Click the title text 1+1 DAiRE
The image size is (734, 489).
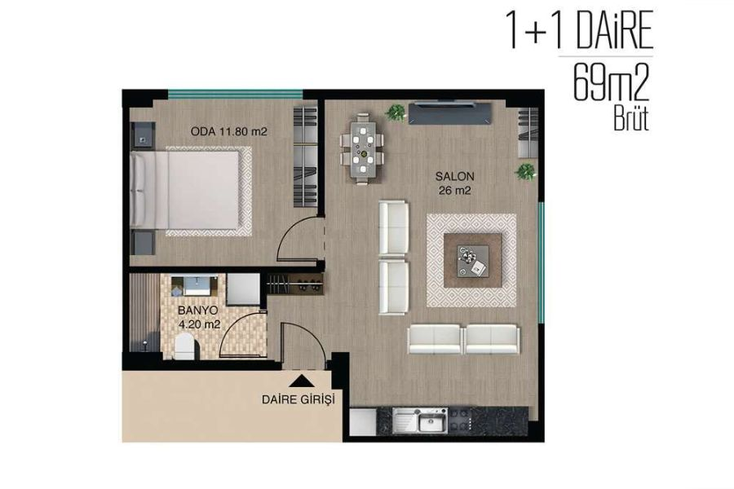pos(581,31)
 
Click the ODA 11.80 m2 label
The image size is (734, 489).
pos(229,130)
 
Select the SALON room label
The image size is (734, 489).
pos(454,176)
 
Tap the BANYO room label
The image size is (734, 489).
pos(199,311)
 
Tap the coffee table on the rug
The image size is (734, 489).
pos(472,261)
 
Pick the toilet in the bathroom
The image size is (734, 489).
pos(184,348)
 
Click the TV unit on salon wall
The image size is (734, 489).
pos(450,112)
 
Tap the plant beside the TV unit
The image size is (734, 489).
pos(397,112)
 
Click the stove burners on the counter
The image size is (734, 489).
pos(463,422)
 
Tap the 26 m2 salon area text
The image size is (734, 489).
pos(454,192)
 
